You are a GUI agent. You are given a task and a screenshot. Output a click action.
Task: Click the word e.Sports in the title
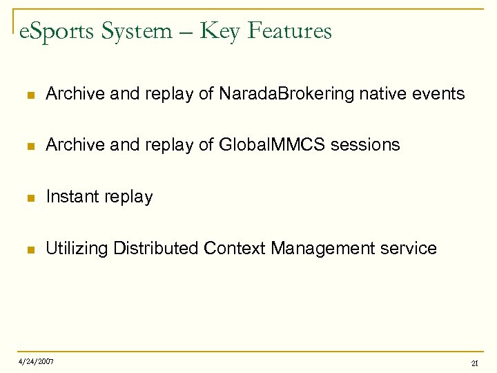[x=57, y=31]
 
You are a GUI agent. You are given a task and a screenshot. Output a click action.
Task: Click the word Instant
[x=72, y=197]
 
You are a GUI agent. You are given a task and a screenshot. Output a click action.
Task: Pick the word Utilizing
[x=77, y=249]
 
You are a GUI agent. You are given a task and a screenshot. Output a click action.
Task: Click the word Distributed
[x=156, y=249]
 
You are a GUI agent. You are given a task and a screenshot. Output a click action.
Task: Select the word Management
[x=322, y=249]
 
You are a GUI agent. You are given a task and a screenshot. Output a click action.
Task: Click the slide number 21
[x=475, y=363]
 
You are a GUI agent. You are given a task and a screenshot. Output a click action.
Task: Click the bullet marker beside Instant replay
[x=28, y=198]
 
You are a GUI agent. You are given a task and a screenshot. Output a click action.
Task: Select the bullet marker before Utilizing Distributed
[x=28, y=249]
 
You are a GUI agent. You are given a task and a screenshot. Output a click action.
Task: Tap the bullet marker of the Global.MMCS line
[x=28, y=146]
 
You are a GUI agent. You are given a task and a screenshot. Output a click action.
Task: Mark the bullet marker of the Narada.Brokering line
[x=28, y=95]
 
